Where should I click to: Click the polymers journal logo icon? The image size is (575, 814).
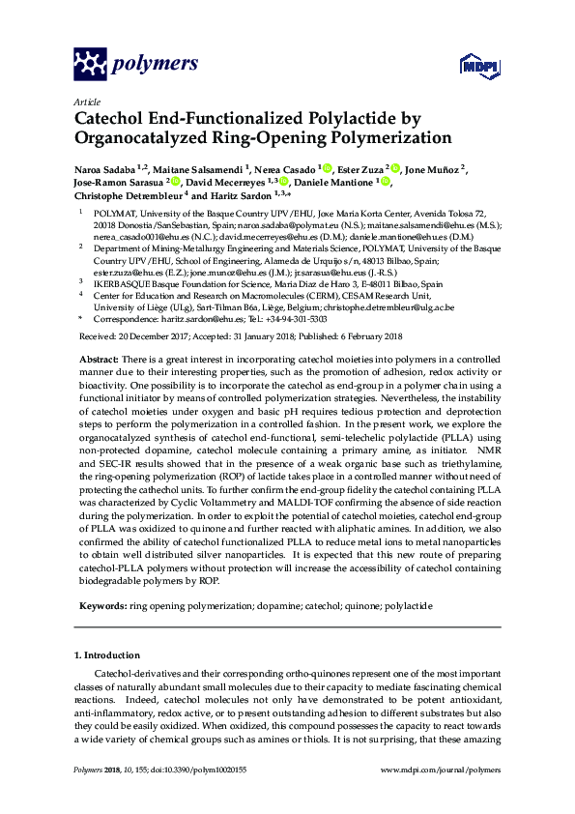coord(91,64)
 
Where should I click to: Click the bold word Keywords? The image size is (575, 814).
coord(103,605)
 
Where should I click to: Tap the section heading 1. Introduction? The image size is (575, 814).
coord(111,654)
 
